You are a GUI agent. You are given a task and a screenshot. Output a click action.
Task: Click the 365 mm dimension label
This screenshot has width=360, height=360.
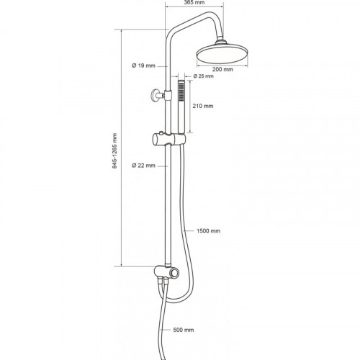click(x=194, y=2)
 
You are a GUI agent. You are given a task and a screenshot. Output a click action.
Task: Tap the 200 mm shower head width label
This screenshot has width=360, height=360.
click(x=222, y=70)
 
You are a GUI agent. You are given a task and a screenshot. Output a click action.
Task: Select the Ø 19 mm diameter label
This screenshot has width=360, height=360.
click(x=144, y=66)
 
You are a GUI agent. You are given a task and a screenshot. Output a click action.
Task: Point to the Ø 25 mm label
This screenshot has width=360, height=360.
click(x=203, y=76)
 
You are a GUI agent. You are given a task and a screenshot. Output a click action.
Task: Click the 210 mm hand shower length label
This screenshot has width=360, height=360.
click(x=203, y=106)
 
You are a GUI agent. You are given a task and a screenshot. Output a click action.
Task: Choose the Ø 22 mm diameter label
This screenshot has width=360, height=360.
click(x=144, y=166)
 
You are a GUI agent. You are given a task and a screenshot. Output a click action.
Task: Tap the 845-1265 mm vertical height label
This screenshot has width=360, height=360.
click(x=115, y=150)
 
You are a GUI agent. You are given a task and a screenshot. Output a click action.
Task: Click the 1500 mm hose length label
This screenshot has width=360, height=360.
click(x=208, y=231)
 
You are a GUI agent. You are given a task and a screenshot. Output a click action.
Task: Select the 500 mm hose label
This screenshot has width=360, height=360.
click(x=184, y=330)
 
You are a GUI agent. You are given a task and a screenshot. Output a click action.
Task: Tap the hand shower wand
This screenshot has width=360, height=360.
click(x=181, y=107)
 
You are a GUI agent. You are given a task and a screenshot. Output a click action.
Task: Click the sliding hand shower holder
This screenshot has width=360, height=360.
click(x=169, y=139)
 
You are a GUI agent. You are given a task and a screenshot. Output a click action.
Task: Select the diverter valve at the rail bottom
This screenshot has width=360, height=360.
click(x=166, y=272)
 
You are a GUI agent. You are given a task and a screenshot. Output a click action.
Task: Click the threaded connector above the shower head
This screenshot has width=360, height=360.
click(x=220, y=42)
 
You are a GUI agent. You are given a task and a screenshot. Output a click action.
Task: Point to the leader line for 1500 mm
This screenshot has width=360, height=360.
click(x=188, y=231)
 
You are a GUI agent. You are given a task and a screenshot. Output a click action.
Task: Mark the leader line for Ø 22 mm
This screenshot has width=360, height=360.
click(x=163, y=166)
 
